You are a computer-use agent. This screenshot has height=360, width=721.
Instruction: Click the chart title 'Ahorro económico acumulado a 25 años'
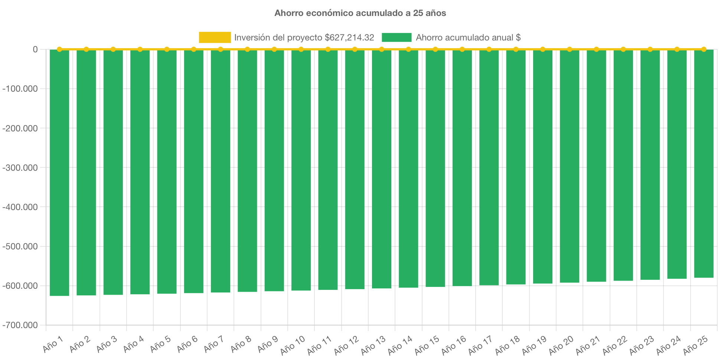click(360, 13)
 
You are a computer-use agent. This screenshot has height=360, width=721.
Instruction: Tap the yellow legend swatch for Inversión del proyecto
click(215, 37)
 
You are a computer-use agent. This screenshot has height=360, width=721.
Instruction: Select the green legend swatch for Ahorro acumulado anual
click(396, 37)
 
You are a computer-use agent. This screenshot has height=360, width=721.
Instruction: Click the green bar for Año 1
click(59, 173)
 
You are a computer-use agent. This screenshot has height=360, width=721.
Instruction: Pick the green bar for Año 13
click(382, 169)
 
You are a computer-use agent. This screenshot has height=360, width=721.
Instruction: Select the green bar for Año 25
click(704, 163)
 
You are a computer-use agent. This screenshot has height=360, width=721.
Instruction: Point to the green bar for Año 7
click(221, 171)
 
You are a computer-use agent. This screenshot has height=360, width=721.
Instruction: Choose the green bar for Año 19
click(543, 166)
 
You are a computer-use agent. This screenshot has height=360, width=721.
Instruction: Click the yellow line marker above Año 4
click(140, 49)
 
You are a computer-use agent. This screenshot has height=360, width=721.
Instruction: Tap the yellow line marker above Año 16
click(462, 49)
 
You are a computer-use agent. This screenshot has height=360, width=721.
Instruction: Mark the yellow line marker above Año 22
click(623, 49)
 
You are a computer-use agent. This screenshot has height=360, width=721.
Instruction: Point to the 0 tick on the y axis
click(35, 49)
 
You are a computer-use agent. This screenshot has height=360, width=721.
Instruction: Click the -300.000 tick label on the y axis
click(20, 168)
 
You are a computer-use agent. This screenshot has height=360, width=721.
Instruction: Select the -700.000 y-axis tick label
click(20, 325)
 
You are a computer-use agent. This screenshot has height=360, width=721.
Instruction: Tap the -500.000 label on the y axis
click(20, 246)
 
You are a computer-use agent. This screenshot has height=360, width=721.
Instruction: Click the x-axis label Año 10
click(293, 345)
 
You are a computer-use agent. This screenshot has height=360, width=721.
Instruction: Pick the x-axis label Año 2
click(80, 344)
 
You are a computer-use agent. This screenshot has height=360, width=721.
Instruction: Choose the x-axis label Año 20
click(561, 345)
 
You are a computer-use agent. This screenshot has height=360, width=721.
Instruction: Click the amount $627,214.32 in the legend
click(349, 37)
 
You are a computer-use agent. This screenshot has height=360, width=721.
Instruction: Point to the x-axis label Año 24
click(668, 345)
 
